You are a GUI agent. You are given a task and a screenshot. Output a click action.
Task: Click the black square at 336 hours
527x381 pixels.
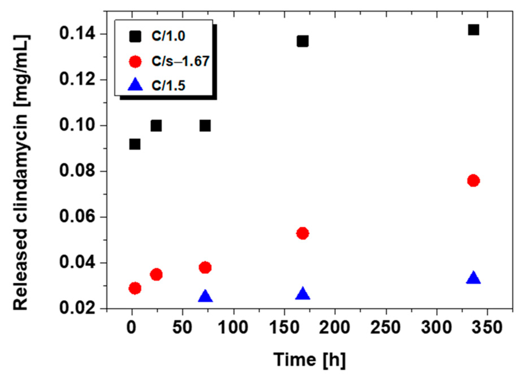[x=473, y=30]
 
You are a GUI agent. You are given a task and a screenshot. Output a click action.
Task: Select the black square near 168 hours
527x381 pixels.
[x=303, y=41]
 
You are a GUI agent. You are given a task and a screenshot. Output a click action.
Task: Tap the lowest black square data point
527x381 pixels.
[x=135, y=144]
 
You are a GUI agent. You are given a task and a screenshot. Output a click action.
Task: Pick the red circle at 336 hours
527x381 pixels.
[x=473, y=180]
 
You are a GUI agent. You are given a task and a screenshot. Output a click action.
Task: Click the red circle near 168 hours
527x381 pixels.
[x=303, y=233]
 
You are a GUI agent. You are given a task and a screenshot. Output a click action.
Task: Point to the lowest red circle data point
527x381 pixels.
[x=135, y=288]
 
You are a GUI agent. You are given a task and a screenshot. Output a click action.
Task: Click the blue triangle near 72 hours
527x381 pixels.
[x=205, y=296]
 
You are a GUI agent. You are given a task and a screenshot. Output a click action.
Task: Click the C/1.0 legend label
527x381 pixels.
[x=168, y=36]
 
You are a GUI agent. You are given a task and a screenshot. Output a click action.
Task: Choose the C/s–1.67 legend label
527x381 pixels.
[x=180, y=61]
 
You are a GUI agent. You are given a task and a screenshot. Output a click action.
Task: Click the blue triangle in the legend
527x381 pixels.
[x=135, y=85]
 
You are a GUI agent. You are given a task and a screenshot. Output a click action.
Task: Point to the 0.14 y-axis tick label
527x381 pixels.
[x=77, y=34]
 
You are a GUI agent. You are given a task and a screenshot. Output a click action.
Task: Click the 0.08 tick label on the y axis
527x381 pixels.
[x=77, y=171]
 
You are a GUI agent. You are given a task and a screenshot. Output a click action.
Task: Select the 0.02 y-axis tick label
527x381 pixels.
[x=77, y=308]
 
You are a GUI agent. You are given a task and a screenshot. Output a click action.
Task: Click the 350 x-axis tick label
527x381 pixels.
[x=487, y=328]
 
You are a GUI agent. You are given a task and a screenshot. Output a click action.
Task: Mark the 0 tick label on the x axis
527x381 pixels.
[x=131, y=328]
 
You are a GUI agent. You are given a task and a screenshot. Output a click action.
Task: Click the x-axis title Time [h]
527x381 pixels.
[x=309, y=360]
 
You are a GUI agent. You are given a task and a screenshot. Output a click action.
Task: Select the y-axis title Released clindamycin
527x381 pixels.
[x=21, y=172]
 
